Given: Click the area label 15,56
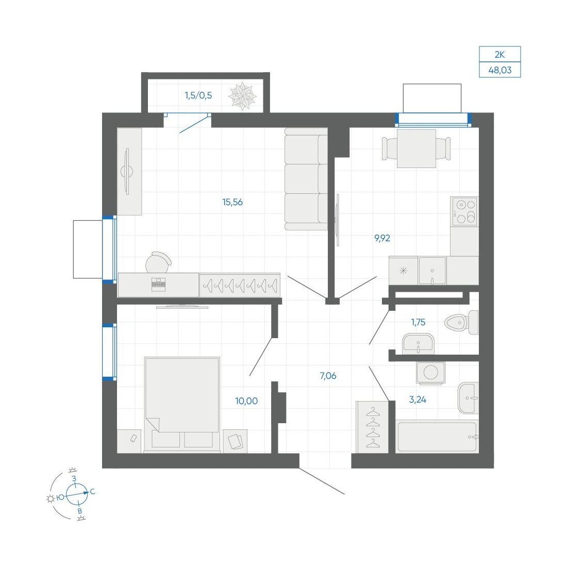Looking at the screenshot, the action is coord(232,202).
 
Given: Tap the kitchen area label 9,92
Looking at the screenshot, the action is coord(382,238).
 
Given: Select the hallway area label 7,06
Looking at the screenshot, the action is coord(328,376).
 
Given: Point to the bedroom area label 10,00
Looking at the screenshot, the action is coord(246,401).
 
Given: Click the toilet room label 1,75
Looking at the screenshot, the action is coord(419,322).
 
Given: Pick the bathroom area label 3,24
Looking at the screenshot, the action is coord(418,399).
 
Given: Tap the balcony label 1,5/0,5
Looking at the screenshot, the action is coord(198,95).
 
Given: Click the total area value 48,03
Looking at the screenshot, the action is coord(500,70).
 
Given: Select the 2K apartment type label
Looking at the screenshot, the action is coord(500,55).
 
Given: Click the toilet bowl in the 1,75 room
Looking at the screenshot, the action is coord(461,322).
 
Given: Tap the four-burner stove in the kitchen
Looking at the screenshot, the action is coord(464,211).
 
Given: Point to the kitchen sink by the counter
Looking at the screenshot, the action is coord(432,271).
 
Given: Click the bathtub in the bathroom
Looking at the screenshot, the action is coord(437,437).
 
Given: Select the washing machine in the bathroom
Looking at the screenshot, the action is coord(431,373).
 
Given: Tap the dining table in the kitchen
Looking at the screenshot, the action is coord(416,148).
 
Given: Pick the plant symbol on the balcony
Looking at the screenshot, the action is coord(242,96).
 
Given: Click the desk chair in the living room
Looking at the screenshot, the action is coord(158,262).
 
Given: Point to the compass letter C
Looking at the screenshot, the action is coord(93,492).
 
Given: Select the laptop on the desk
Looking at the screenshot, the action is coord(158,284).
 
